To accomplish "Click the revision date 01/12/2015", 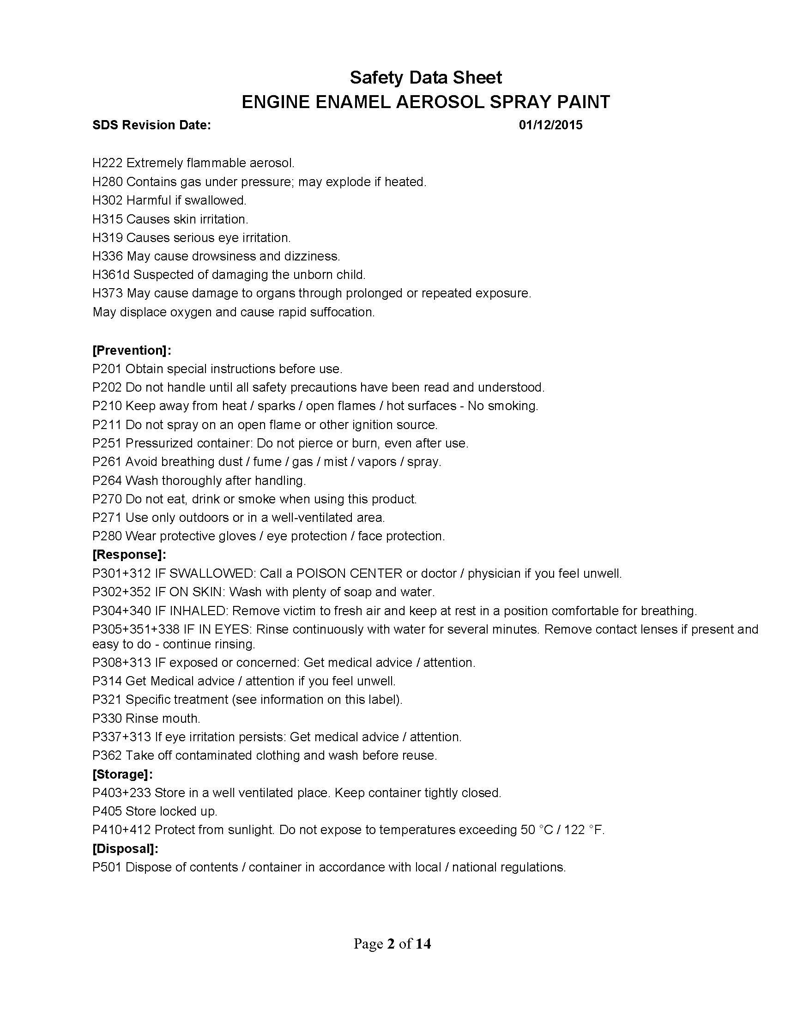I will click(x=550, y=125).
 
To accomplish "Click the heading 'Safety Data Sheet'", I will click(x=426, y=78).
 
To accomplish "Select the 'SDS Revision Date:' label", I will click(x=151, y=125).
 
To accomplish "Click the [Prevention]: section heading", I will click(x=132, y=351).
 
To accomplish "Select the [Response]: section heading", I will click(x=129, y=555).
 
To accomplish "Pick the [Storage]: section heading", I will click(x=123, y=774).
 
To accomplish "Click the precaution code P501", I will click(x=107, y=867).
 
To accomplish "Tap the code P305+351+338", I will click(x=136, y=629).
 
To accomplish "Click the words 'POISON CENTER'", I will click(x=349, y=574).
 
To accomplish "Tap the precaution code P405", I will click(x=107, y=811).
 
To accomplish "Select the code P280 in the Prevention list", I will click(x=107, y=536).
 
